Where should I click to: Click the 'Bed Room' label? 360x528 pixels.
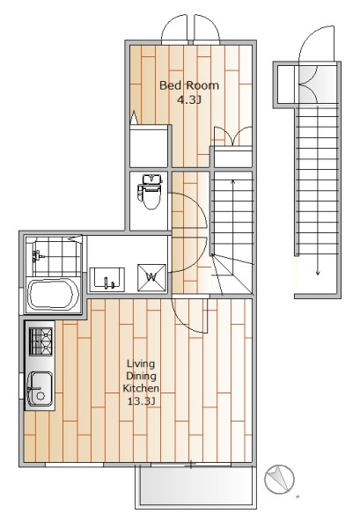point(189,85)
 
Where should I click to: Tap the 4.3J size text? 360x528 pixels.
point(189,99)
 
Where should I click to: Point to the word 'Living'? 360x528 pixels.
point(141,364)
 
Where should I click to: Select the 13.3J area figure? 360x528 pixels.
point(141,401)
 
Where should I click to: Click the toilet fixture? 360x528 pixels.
point(150,192)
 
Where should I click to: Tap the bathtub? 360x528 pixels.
point(52,295)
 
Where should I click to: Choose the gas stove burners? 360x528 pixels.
point(41,341)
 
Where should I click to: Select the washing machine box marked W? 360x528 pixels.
point(152,277)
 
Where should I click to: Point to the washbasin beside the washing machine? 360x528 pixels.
point(107,279)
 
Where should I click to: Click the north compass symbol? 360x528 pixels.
point(279,480)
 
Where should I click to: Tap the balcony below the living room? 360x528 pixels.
point(195,487)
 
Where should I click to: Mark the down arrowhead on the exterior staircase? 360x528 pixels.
point(318,273)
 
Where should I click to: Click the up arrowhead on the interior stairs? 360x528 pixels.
point(232,182)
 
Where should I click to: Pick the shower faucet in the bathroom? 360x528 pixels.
point(38,256)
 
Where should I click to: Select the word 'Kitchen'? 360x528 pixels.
point(141,388)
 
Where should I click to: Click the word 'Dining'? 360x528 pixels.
point(141,376)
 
